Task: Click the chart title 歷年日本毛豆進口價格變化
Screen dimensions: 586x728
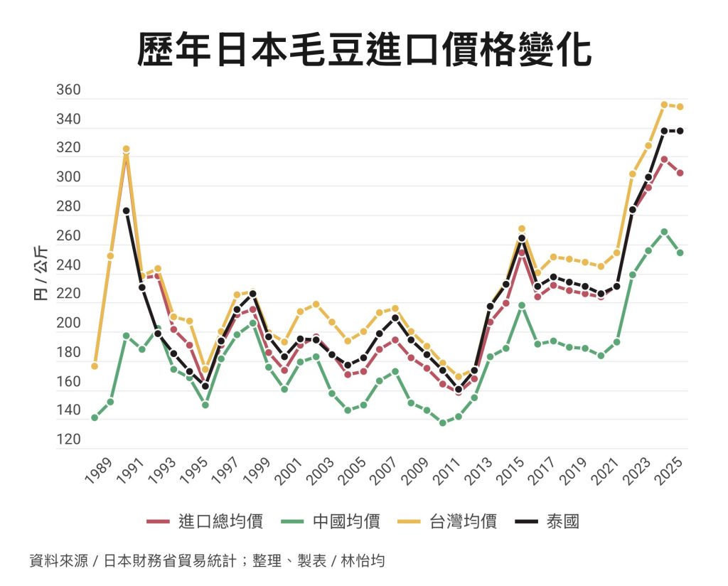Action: (x=364, y=48)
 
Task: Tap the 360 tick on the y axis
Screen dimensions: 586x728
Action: (x=69, y=91)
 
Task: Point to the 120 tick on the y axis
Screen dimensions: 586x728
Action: (x=69, y=439)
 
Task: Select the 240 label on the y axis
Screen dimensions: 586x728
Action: (x=69, y=265)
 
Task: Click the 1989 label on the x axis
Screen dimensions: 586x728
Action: (x=98, y=472)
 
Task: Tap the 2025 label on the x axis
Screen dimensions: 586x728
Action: (x=669, y=472)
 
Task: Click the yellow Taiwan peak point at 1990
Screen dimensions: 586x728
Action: (x=127, y=149)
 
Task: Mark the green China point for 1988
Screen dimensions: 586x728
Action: (x=95, y=417)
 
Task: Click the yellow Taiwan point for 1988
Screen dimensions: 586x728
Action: (x=95, y=366)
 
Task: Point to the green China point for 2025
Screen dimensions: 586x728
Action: (x=680, y=252)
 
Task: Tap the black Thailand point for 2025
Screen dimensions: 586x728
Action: (x=680, y=131)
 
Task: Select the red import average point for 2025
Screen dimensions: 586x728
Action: (x=680, y=173)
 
